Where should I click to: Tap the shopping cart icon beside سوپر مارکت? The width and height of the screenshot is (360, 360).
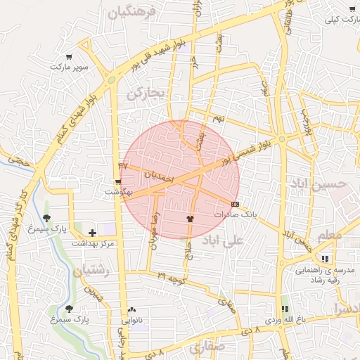pos(68,57)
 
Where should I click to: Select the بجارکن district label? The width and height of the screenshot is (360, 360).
pos(146,92)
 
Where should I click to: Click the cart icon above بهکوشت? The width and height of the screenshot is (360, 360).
pos(118,181)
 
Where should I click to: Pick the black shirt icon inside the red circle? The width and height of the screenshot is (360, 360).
pos(189,219)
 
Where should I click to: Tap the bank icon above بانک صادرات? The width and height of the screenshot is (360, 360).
pos(235,204)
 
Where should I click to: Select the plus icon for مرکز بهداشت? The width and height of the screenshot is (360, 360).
pos(92,233)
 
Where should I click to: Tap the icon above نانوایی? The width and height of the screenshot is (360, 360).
pos(131,309)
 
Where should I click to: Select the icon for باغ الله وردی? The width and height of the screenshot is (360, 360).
pos(285,309)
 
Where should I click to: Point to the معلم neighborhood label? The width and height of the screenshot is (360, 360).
pos(328,236)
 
